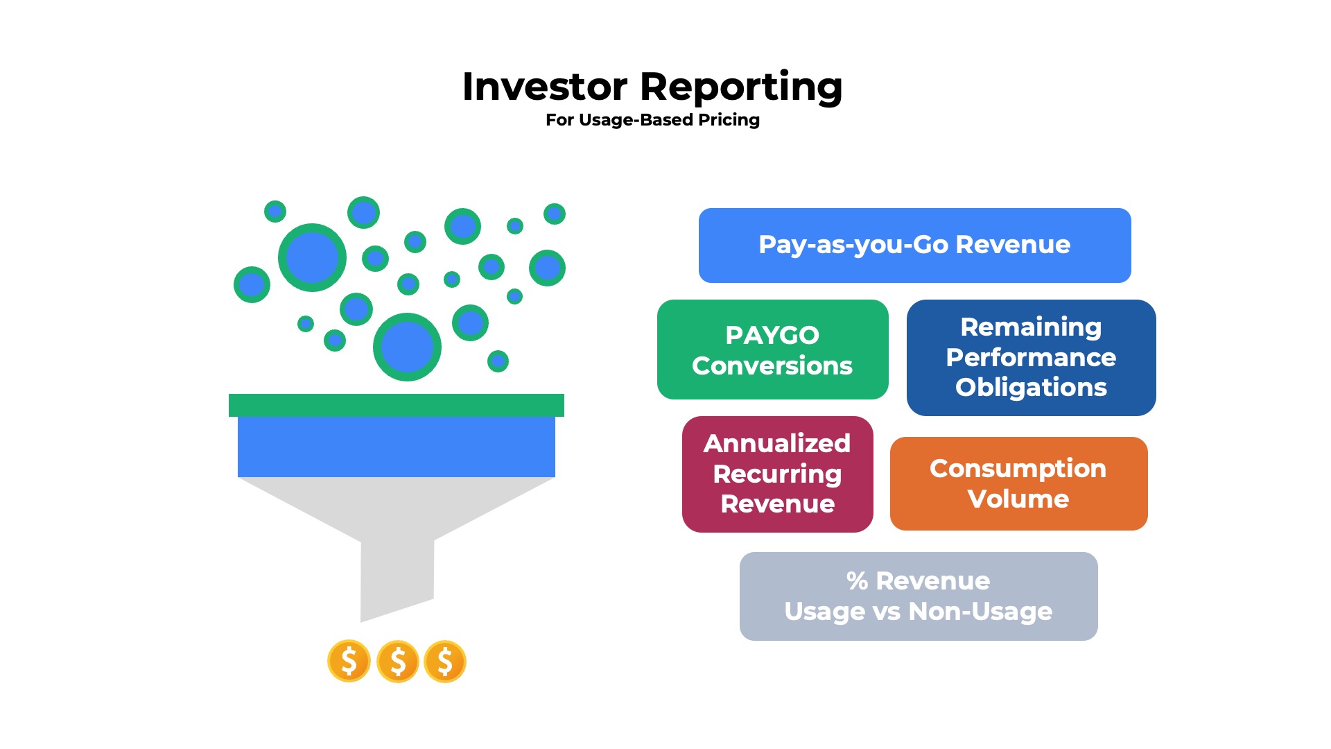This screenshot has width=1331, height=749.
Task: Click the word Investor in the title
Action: (x=545, y=87)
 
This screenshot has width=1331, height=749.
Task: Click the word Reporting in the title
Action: (x=741, y=87)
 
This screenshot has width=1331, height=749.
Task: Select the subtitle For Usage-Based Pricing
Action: (x=652, y=120)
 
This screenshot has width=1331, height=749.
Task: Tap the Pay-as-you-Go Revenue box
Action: (x=914, y=245)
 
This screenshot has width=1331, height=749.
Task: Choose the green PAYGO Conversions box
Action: (x=772, y=350)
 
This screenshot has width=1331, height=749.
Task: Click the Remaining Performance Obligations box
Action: (x=1031, y=357)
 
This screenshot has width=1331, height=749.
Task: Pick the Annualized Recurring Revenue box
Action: (x=777, y=474)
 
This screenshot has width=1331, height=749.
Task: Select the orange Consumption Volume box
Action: (x=1018, y=483)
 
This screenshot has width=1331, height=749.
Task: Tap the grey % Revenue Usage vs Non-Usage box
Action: (x=918, y=596)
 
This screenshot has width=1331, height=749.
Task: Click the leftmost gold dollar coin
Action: (x=349, y=661)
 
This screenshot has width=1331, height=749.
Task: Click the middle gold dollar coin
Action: (x=397, y=661)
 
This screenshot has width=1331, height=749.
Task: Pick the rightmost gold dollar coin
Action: (x=445, y=661)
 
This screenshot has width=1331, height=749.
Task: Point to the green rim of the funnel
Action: (x=396, y=405)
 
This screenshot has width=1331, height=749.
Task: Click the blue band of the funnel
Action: (x=396, y=447)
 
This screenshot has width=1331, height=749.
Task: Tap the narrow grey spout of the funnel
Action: (x=397, y=576)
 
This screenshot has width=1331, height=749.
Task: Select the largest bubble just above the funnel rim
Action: (x=407, y=347)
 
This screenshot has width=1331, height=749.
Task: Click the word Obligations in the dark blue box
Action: (x=1031, y=387)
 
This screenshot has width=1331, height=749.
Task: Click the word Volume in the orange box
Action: (x=1018, y=499)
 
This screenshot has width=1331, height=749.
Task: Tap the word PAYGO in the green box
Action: (x=772, y=335)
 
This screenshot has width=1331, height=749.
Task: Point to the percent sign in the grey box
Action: (x=857, y=581)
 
